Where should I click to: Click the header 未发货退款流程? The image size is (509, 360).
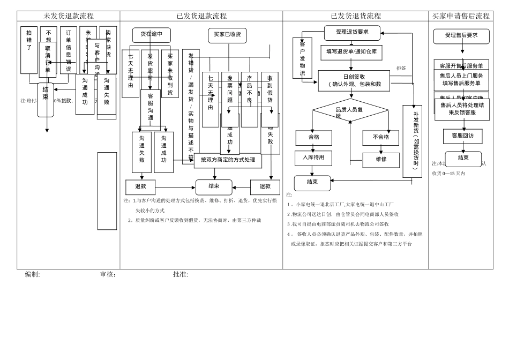(x=69, y=16)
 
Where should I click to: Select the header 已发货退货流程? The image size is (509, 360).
(x=356, y=16)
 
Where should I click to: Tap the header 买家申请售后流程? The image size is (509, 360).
(x=461, y=16)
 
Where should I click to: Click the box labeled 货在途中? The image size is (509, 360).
(x=152, y=35)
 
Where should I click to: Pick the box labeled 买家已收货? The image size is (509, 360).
(x=227, y=35)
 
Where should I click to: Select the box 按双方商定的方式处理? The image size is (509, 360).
(x=228, y=160)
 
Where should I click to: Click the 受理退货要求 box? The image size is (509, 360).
(x=352, y=33)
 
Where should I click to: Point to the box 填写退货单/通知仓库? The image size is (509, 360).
(x=351, y=52)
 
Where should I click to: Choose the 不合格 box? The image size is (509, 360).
(x=380, y=138)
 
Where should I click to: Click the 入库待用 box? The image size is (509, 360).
(x=313, y=158)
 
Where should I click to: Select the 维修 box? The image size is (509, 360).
(x=381, y=160)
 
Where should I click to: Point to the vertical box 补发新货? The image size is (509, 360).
(x=413, y=141)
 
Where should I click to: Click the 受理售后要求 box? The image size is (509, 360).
(x=461, y=36)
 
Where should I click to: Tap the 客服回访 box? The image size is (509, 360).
(x=462, y=136)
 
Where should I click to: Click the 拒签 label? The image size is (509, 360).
(x=401, y=69)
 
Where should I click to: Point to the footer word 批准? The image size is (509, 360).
(x=180, y=275)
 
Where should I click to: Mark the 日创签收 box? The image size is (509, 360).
(x=354, y=80)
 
